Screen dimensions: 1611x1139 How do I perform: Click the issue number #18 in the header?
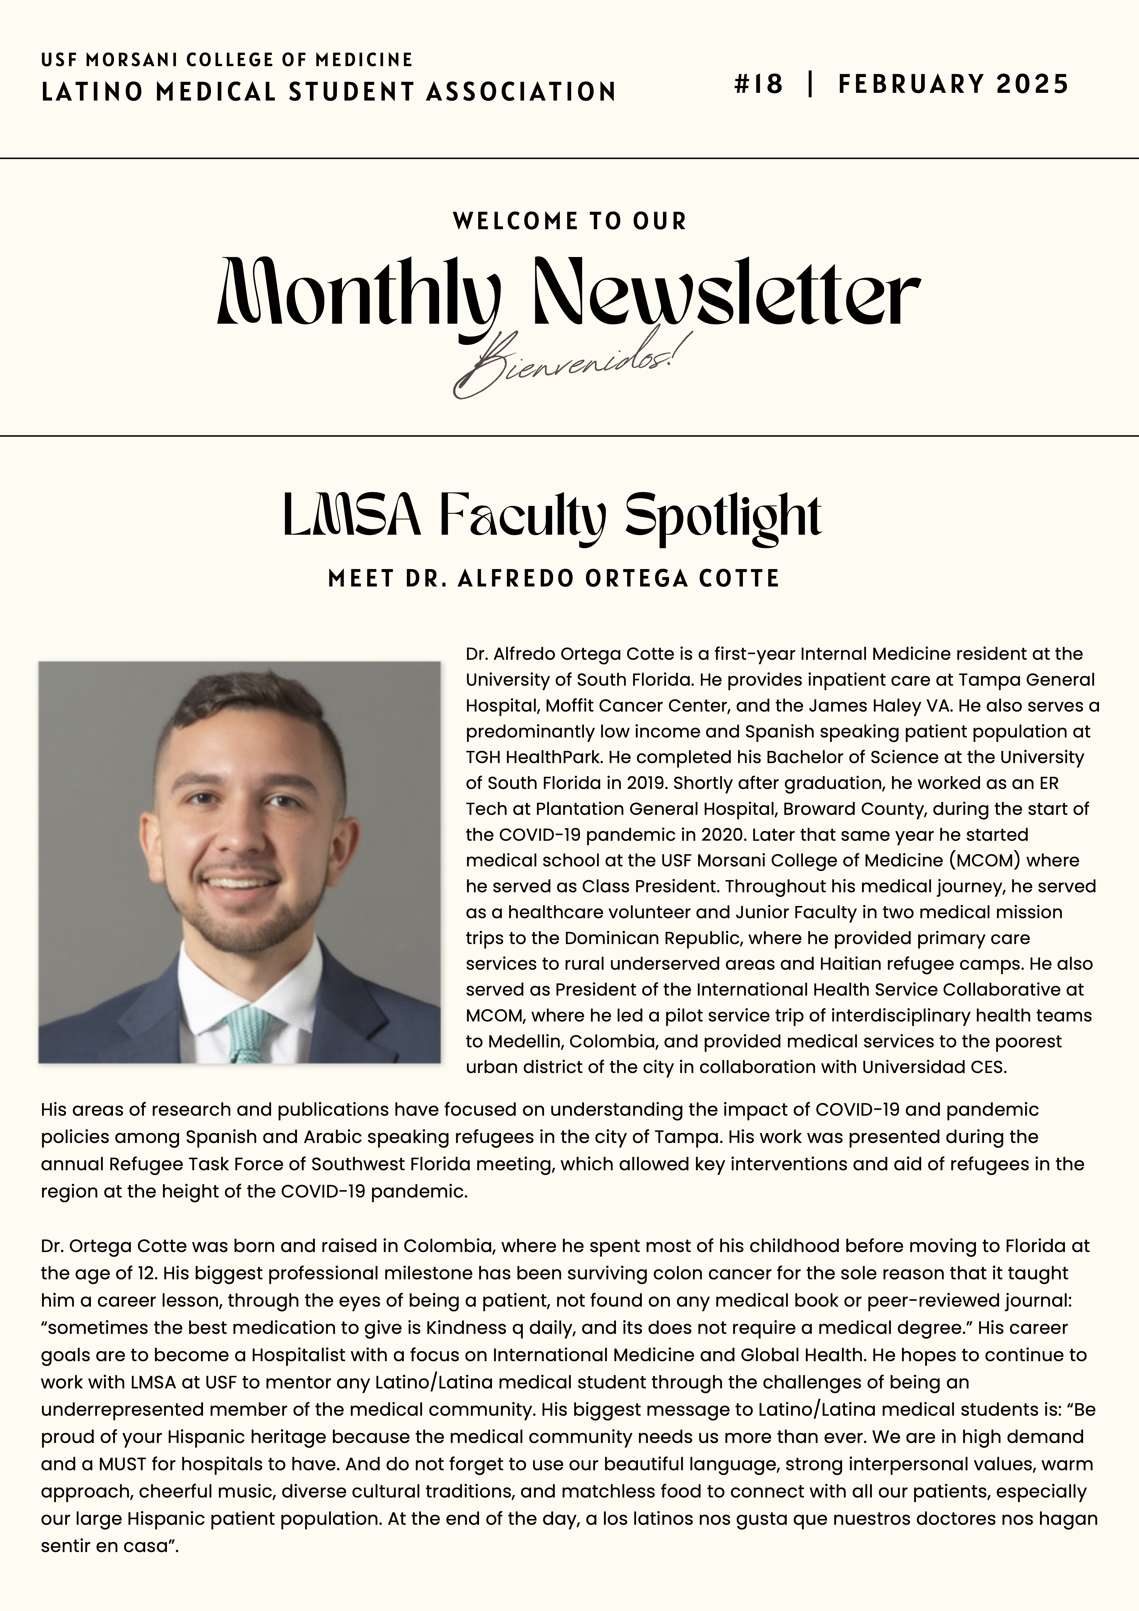(x=758, y=84)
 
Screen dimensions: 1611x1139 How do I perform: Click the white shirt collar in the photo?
(x=204, y=982)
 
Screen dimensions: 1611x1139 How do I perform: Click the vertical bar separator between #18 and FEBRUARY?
(x=811, y=84)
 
